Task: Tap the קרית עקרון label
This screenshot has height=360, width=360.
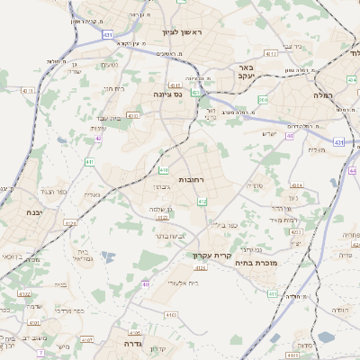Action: point(213,255)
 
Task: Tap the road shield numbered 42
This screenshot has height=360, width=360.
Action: point(97,139)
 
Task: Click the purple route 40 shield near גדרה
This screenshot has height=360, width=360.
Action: point(145,284)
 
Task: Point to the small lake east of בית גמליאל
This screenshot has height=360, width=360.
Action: point(109,257)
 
